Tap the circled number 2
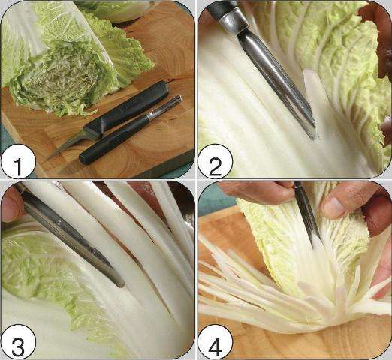tap(216, 162)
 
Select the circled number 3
tap(18, 341)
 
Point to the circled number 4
tap(216, 341)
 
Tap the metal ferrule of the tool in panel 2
tap(231, 22)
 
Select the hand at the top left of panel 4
tap(258, 190)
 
